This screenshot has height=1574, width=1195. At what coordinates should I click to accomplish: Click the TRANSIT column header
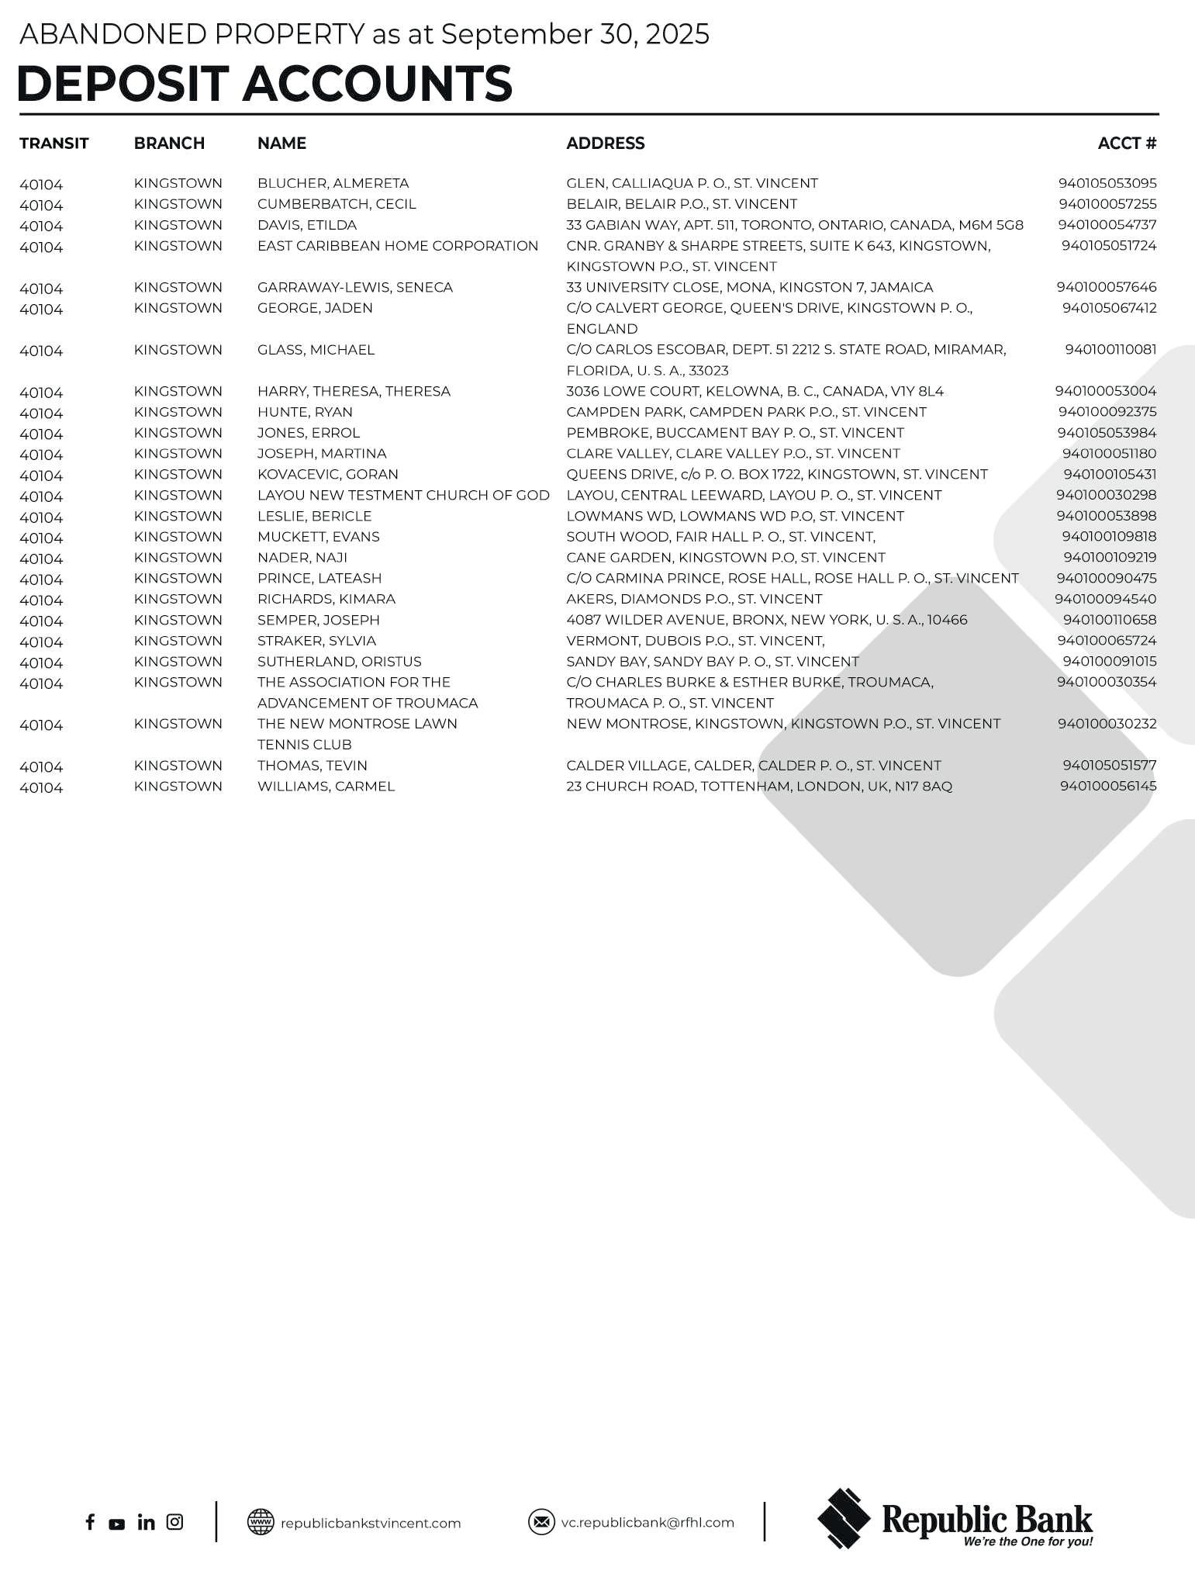[x=54, y=144]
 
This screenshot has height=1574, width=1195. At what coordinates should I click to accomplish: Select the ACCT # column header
[x=1127, y=144]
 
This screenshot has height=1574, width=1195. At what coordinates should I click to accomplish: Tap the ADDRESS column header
[x=605, y=144]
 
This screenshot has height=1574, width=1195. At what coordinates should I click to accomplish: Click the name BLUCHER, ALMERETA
[x=333, y=184]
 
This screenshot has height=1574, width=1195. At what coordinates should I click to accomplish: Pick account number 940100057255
[x=1107, y=204]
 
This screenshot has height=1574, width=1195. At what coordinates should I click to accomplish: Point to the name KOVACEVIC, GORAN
[x=327, y=474]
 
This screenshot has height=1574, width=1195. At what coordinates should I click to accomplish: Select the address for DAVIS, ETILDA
[x=794, y=225]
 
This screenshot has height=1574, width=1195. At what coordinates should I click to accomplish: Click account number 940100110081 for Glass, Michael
[x=1110, y=350]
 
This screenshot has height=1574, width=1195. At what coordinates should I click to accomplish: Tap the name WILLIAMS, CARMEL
[x=326, y=786]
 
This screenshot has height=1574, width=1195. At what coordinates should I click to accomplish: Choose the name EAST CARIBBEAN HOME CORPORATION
[x=397, y=246]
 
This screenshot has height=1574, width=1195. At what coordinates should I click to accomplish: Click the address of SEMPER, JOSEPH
[x=766, y=620]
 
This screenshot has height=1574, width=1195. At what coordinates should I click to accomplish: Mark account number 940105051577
[x=1109, y=766]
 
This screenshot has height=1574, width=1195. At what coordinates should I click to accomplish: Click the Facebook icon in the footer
[x=90, y=1522]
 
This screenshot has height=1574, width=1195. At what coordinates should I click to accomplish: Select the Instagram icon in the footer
[x=175, y=1522]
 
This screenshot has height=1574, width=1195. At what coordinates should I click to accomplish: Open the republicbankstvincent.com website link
[x=370, y=1523]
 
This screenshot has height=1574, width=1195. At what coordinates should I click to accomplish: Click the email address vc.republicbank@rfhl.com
[x=647, y=1522]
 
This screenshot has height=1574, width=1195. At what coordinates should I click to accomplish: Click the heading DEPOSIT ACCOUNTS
[x=264, y=83]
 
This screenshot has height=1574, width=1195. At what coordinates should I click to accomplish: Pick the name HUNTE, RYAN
[x=305, y=412]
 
